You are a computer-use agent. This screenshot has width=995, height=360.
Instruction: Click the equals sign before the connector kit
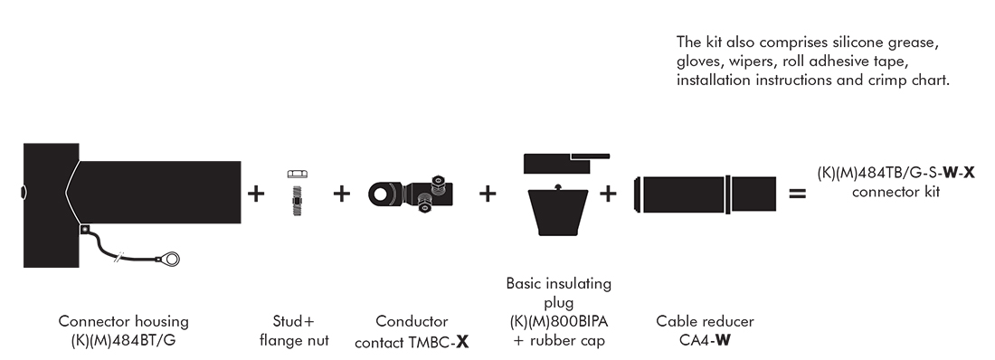point(797,193)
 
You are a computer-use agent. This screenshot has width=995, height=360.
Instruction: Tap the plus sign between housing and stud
point(256,193)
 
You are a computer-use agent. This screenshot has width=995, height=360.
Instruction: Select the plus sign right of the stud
point(341,193)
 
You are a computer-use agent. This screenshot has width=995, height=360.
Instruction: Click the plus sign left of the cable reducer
point(608,193)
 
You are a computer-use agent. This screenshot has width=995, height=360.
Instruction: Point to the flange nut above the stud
point(298,174)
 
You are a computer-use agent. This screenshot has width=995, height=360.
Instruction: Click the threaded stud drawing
point(297,200)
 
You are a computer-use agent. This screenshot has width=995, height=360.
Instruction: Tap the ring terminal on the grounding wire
point(170,259)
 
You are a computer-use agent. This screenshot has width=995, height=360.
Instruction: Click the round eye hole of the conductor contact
point(382,194)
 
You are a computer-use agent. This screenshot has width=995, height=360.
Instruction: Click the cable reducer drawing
point(705,194)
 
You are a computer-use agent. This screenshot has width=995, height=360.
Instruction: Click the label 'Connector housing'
point(124,321)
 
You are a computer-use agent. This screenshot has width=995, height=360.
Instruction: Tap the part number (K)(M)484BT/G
point(124,340)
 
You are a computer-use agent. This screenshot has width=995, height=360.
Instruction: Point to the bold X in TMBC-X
point(462,342)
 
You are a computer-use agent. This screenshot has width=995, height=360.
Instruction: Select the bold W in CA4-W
point(723,340)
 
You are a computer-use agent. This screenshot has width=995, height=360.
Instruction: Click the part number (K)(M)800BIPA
point(559,321)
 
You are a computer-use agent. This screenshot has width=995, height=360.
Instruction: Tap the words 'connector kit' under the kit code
point(895,192)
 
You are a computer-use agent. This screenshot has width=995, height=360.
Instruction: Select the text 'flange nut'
point(294,340)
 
